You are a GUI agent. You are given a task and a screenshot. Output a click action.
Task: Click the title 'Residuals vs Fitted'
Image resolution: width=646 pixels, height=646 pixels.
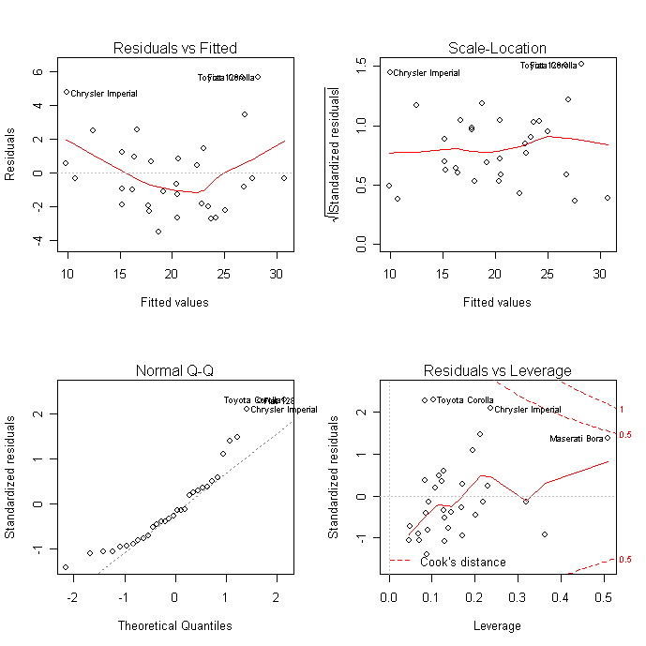pos(174,48)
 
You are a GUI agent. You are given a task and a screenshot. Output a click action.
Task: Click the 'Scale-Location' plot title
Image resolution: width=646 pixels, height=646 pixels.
pos(498,48)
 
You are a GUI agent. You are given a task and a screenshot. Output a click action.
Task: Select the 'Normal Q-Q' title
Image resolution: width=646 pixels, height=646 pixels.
pos(174,370)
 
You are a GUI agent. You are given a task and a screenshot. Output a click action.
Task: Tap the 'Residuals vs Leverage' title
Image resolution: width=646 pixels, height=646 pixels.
pos(498,370)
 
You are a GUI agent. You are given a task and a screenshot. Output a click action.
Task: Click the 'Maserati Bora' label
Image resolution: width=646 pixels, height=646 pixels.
pos(575,438)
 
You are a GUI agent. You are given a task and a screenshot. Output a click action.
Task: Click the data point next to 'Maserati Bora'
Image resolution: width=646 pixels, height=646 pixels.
pos(608,438)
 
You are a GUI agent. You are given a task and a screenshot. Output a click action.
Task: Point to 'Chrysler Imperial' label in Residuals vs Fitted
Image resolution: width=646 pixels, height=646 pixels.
pos(104,94)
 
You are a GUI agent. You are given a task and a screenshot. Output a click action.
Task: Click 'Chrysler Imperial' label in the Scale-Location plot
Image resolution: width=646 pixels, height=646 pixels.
pos(427,73)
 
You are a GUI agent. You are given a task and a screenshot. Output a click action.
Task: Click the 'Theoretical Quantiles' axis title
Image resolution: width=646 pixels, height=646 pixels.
pos(174,625)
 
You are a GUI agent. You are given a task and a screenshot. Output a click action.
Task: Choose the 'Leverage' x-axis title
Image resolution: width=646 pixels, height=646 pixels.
pos(498,625)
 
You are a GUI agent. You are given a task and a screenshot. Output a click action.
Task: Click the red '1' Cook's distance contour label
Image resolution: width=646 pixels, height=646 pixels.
pos(621,410)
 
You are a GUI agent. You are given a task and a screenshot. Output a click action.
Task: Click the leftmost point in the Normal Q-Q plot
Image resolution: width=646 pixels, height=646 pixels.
pos(66,567)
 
